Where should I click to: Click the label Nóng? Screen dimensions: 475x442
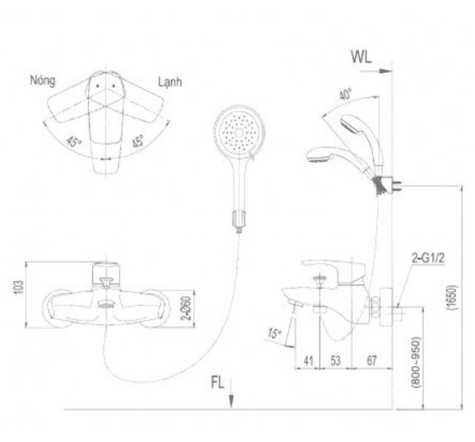(42, 81)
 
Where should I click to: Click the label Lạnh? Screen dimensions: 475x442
(170, 82)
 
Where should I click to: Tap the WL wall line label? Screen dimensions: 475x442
(361, 57)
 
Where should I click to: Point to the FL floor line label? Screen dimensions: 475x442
(217, 383)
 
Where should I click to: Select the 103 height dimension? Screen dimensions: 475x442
(18, 287)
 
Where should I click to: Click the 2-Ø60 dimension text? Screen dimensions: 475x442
(186, 308)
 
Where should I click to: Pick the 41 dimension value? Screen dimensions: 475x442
(308, 360)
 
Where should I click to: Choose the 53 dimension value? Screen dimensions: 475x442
(335, 360)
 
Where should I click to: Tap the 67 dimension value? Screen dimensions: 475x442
(371, 360)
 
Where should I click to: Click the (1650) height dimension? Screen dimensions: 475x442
(452, 297)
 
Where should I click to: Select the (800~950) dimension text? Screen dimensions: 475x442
(417, 362)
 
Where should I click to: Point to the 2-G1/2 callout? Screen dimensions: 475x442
(428, 258)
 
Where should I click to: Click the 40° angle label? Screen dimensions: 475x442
(345, 94)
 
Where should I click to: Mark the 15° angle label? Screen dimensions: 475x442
(275, 333)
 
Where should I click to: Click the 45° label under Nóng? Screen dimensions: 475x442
(74, 142)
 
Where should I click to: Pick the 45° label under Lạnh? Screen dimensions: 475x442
(137, 141)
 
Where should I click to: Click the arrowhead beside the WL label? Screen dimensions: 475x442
(386, 72)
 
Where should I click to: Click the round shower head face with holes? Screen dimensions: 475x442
(239, 132)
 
